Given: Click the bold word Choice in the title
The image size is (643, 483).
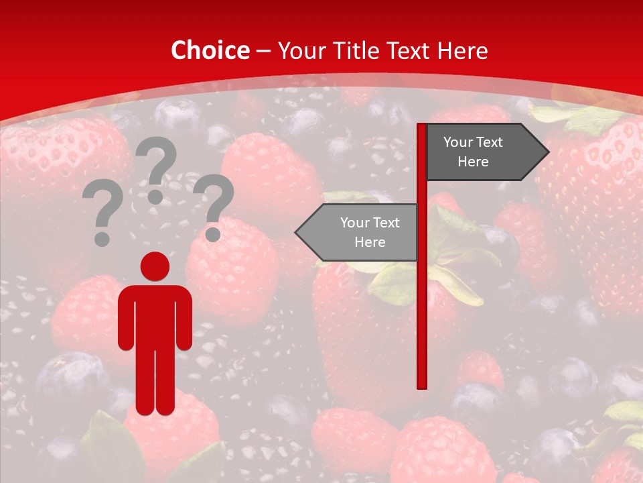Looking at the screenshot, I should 210,51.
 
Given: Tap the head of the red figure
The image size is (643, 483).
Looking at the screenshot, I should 155,266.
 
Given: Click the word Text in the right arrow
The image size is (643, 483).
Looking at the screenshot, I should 490,142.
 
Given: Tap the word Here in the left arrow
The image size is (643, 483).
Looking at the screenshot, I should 370,242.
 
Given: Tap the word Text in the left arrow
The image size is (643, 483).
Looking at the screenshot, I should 386,223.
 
